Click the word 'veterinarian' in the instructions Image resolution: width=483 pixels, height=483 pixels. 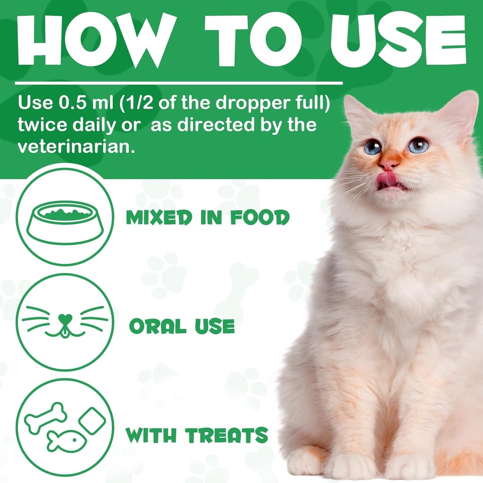74,146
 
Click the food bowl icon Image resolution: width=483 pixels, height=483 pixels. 65,222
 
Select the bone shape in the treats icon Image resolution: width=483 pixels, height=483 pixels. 45,417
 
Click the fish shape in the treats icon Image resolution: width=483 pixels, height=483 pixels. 66,441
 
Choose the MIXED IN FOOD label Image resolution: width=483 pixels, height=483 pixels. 208,218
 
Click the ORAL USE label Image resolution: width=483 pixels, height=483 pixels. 182,326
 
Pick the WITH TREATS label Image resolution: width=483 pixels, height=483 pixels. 197,435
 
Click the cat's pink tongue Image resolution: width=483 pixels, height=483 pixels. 387,178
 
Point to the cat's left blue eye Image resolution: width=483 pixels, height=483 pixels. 372,147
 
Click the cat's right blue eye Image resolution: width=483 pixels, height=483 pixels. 418,145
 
